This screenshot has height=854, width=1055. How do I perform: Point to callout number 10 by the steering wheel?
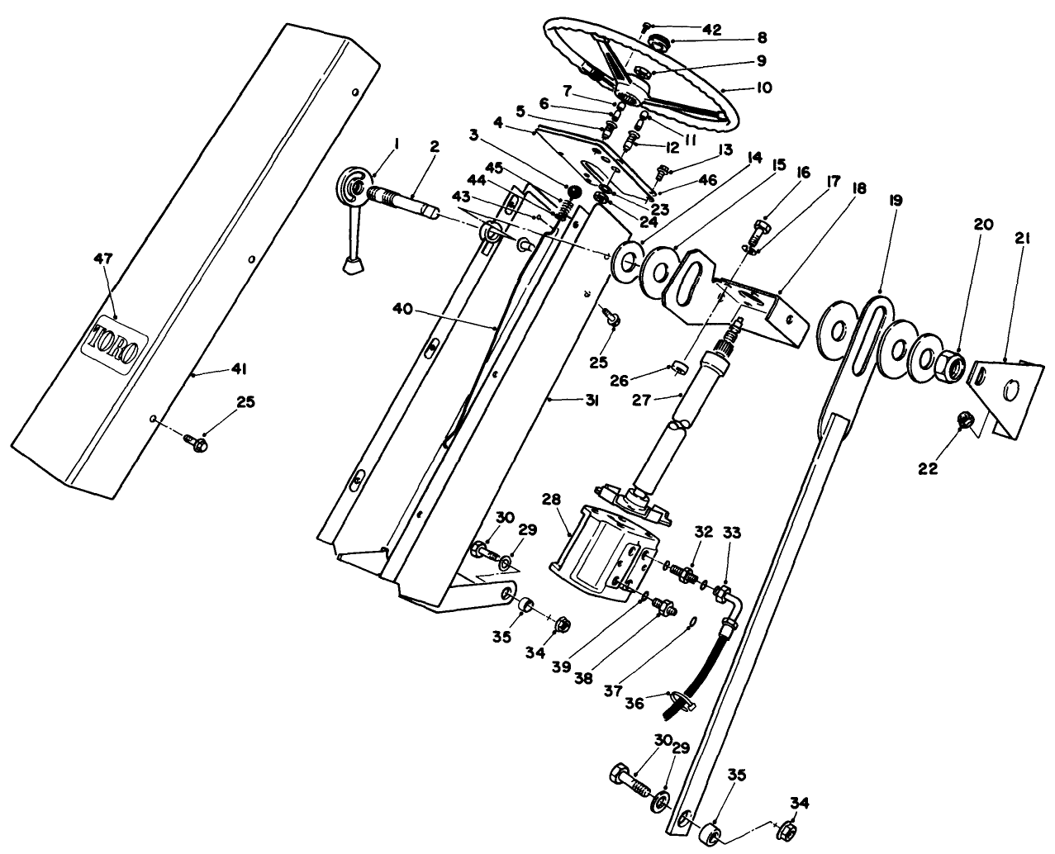(763, 86)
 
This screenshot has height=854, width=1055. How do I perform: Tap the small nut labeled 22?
(962, 421)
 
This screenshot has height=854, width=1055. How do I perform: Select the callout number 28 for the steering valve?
(551, 499)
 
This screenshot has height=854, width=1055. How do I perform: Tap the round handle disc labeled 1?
(356, 186)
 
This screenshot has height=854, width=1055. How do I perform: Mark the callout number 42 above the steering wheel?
(711, 30)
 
